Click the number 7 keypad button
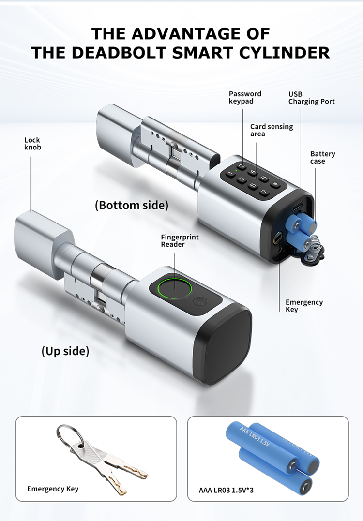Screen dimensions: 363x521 pos(264,192)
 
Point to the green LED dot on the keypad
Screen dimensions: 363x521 pos(236,171)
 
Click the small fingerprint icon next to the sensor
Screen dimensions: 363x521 pos(200,301)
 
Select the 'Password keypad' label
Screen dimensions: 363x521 pos(245,98)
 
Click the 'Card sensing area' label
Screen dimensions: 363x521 pos(272,130)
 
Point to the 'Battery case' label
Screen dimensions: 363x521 pos(322,158)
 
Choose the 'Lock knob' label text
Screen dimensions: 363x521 pos(32,144)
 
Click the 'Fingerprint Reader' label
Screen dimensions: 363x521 pos(180,241)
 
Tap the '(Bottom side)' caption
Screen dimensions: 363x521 pos(132,205)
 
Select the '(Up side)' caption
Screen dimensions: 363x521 pos(65,351)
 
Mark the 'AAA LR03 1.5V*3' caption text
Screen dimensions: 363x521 pos(226,490)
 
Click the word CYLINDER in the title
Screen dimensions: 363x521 pos(285,53)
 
